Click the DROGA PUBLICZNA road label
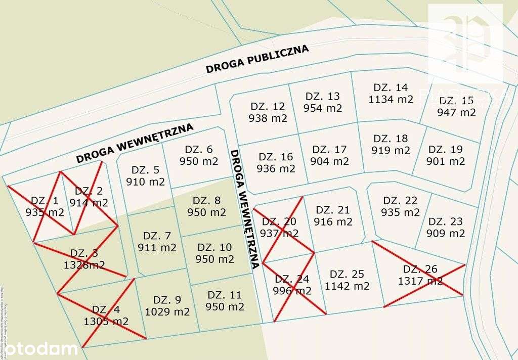tap(257, 59)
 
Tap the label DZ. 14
tap(391, 87)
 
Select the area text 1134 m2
tap(391, 99)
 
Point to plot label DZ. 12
tap(268, 107)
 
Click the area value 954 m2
tap(323, 108)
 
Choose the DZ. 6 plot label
tap(199, 150)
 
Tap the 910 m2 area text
tap(145, 182)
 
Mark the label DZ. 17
tap(329, 150)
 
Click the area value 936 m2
tap(276, 168)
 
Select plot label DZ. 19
tap(446, 150)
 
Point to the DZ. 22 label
tap(400, 201)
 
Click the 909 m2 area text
tap(446, 233)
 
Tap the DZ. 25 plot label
tap(347, 274)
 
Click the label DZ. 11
tap(225, 295)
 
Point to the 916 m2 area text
tap(333, 221)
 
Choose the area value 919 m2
tap(391, 150)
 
